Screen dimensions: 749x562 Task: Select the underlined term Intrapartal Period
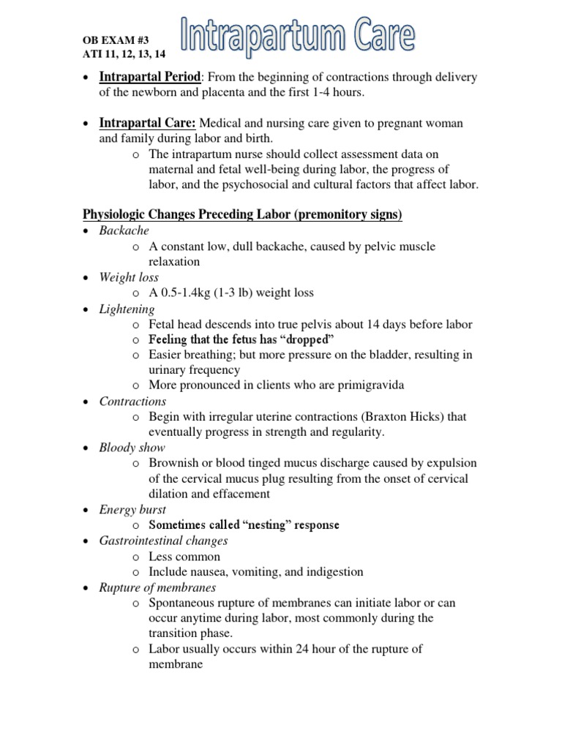tap(149, 78)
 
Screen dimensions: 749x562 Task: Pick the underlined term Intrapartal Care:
tap(147, 123)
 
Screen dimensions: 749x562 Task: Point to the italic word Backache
tap(124, 230)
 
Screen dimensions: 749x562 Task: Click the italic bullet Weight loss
tap(129, 277)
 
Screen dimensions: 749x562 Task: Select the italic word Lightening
tap(127, 309)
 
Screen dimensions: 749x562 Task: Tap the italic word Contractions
tap(132, 402)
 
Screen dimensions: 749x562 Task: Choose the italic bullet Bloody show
tap(132, 448)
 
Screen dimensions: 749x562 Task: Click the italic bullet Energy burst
tap(132, 510)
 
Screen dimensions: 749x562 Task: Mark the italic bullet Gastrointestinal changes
tap(163, 541)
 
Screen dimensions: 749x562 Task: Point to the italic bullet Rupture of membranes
tap(157, 587)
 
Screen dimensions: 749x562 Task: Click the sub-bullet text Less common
tap(184, 556)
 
